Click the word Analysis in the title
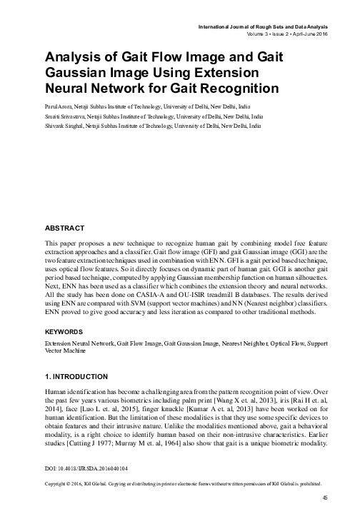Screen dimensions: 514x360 [x=72, y=57]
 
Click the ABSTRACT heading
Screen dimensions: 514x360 [x=64, y=228]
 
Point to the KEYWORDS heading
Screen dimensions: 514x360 [x=66, y=333]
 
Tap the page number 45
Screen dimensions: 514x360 [x=325, y=498]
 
